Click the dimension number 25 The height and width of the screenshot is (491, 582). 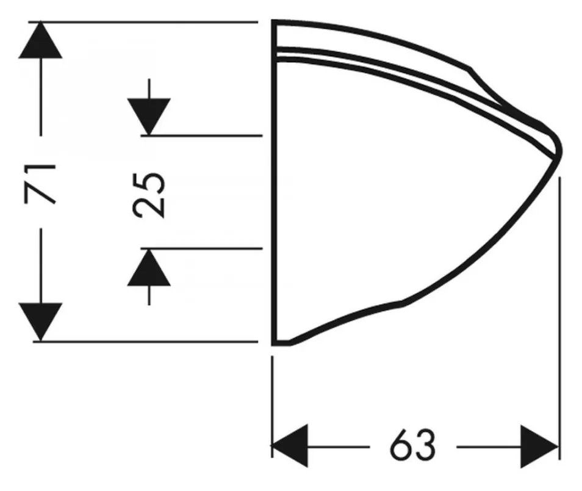coord(149,195)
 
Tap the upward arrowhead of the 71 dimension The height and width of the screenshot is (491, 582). coord(40,40)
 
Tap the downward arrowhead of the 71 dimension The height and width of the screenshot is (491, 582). coord(40,322)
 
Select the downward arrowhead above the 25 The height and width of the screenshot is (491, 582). coord(149,117)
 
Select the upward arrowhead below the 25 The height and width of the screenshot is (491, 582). coord(149,267)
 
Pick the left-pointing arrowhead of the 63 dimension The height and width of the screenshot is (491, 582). coord(290,446)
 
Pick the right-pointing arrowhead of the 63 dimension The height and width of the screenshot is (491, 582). coord(540,446)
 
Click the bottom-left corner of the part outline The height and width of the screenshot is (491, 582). coord(275,344)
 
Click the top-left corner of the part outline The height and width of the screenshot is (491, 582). coord(275,22)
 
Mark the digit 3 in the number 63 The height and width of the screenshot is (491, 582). coord(425,445)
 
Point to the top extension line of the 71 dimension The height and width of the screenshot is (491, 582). coord(143,23)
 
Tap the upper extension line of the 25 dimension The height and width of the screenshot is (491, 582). coord(201,136)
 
